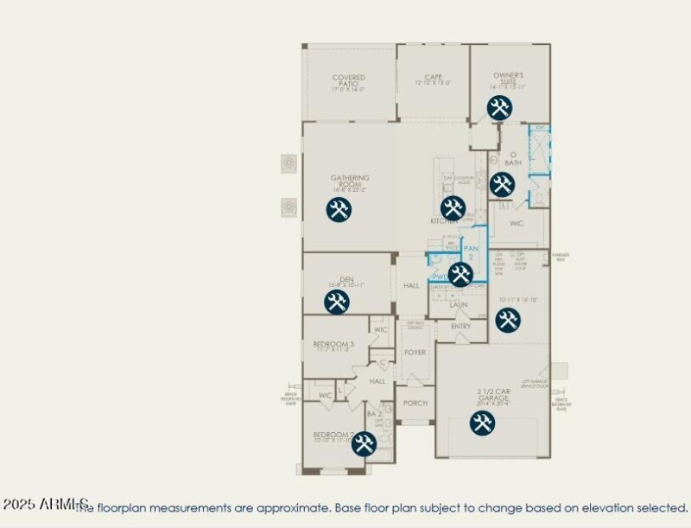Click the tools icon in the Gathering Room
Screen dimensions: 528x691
339,209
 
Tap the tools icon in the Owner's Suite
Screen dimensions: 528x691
499,108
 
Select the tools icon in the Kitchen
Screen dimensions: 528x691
453,207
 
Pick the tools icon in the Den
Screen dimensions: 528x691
336,302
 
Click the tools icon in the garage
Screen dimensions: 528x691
482,423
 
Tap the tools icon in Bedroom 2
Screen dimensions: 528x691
364,443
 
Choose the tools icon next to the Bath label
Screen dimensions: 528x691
502,184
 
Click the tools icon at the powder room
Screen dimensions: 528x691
460,275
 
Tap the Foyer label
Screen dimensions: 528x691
415,353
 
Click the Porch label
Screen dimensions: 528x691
415,404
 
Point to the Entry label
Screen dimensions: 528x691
461,327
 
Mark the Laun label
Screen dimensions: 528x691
459,304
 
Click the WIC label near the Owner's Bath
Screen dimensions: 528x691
517,224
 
